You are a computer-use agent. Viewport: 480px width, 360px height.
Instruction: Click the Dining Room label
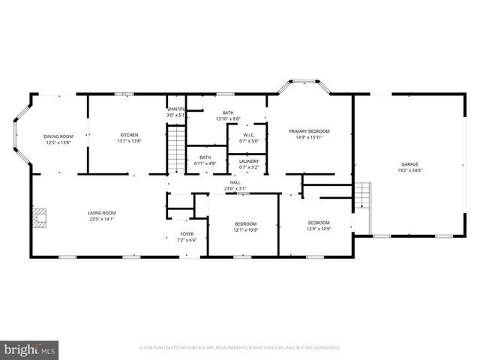[x=57, y=136]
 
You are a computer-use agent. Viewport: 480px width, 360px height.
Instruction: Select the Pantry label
[x=175, y=109]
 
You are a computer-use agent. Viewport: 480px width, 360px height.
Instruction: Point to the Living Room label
[x=102, y=213]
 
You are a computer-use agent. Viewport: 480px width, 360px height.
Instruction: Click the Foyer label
[x=186, y=234]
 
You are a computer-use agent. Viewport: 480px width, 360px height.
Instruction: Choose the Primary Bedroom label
[x=310, y=131]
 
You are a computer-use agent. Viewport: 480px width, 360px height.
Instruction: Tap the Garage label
[x=409, y=164]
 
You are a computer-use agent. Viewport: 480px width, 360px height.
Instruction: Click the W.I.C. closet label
[x=247, y=135]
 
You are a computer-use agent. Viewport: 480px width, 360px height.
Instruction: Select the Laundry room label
[x=248, y=162]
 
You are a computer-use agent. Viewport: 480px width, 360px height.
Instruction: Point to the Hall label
[x=235, y=182]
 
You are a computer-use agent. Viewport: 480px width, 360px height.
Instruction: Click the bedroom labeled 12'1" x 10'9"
[x=245, y=224]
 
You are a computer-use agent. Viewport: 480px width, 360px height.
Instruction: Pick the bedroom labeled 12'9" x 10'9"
[x=319, y=223]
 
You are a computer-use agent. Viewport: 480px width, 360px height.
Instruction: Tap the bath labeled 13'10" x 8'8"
[x=227, y=112]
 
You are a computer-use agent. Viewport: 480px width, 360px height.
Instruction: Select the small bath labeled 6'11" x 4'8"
[x=205, y=157]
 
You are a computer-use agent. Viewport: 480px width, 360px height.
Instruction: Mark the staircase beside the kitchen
[x=175, y=150]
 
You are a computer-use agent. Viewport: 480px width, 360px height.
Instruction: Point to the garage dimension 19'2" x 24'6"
[x=409, y=169]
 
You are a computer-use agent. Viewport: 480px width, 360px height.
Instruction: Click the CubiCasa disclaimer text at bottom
[x=240, y=348]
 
